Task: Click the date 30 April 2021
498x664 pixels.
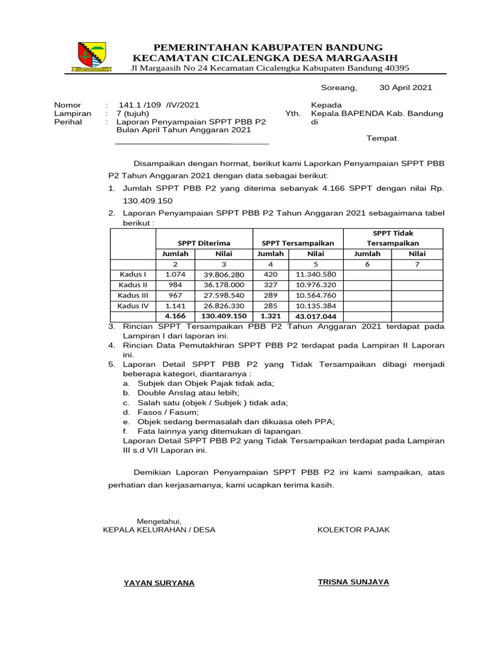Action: point(405,88)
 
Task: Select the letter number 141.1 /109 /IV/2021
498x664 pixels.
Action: point(159,104)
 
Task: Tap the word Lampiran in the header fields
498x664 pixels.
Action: point(73,113)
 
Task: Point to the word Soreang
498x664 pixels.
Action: point(338,88)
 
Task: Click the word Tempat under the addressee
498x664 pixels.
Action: point(381,138)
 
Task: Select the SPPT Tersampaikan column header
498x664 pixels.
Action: point(298,243)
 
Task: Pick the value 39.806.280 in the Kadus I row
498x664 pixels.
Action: point(223,274)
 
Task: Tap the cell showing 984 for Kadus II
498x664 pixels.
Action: point(175,285)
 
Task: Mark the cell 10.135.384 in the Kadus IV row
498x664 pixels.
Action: point(316,305)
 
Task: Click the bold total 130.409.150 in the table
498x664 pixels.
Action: point(223,316)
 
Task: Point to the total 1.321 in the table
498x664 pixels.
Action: point(270,316)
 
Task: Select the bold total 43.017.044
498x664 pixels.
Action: point(316,316)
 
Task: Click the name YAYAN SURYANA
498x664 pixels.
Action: point(159,583)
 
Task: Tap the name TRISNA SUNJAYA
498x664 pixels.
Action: point(353,582)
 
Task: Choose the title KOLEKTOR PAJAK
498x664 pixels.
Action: point(353,530)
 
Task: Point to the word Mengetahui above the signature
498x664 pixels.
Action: point(159,521)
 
